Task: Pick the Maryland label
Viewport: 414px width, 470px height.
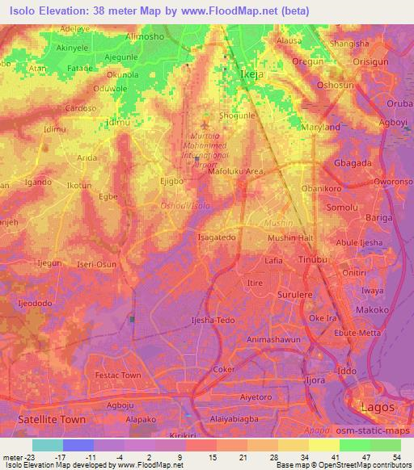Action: tap(319, 128)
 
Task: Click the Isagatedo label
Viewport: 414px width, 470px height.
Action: tap(217, 237)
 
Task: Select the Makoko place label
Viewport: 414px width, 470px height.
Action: tap(372, 309)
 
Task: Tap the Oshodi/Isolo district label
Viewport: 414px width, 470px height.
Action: tap(184, 207)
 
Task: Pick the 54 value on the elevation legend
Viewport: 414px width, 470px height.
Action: tap(396, 456)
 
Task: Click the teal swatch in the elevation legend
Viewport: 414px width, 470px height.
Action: tap(47, 445)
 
